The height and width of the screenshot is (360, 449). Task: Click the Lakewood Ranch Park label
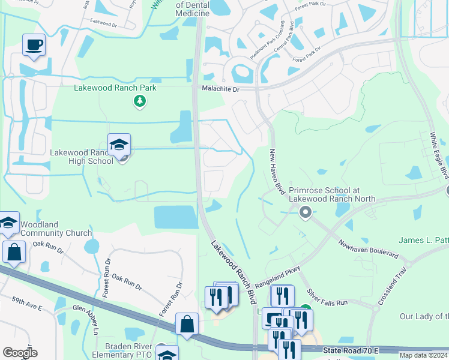pyautogui.click(x=115, y=88)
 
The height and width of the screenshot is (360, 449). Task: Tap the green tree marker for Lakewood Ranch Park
pyautogui.click(x=140, y=101)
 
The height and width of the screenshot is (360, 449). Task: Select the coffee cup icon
pyautogui.click(x=34, y=45)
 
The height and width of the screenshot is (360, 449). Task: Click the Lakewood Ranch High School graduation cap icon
pyautogui.click(x=119, y=145)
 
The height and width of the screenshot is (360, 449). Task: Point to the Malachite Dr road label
pyautogui.click(x=219, y=89)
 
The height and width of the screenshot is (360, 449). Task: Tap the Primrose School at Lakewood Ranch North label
pyautogui.click(x=332, y=193)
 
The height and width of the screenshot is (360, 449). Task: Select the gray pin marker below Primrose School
pyautogui.click(x=306, y=211)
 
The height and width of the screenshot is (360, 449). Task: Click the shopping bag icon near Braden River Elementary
pyautogui.click(x=187, y=324)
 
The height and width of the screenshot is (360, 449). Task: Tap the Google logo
pyautogui.click(x=20, y=352)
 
